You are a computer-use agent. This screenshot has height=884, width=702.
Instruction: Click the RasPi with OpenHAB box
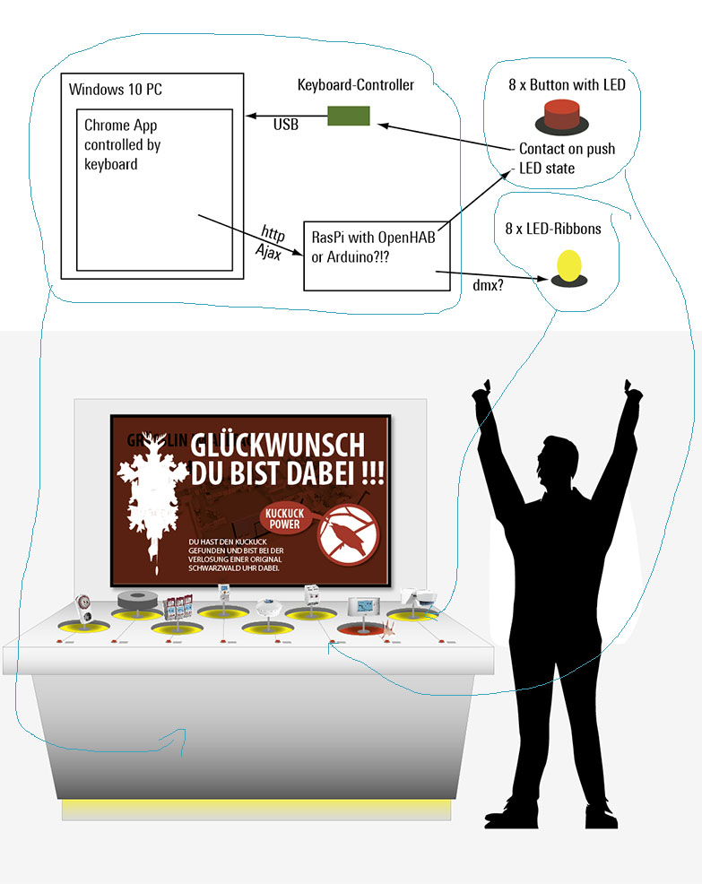[x=377, y=256]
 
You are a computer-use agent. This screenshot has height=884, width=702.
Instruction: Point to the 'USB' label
[x=286, y=125]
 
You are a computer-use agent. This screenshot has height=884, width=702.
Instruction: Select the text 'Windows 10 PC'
[x=116, y=90]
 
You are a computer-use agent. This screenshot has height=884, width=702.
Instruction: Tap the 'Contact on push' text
[x=567, y=149]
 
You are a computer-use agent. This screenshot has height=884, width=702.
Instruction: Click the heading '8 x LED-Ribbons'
[x=553, y=229]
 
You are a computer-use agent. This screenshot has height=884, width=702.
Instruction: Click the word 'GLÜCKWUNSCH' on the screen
[x=279, y=445]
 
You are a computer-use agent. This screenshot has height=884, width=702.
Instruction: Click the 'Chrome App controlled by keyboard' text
[x=123, y=144]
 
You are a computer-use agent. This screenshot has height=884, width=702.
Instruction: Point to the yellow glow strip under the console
[x=256, y=809]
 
